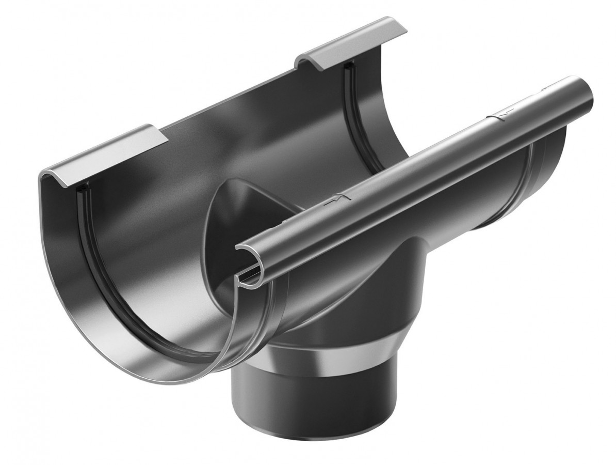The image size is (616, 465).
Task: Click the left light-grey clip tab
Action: [x=106, y=155]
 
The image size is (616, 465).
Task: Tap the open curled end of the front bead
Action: [x=248, y=258]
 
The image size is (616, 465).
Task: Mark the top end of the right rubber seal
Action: [x=347, y=67]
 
